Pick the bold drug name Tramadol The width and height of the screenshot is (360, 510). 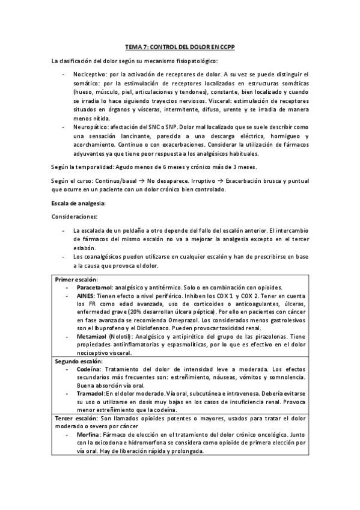click(91, 392)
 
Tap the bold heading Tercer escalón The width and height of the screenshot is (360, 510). click(75, 417)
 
